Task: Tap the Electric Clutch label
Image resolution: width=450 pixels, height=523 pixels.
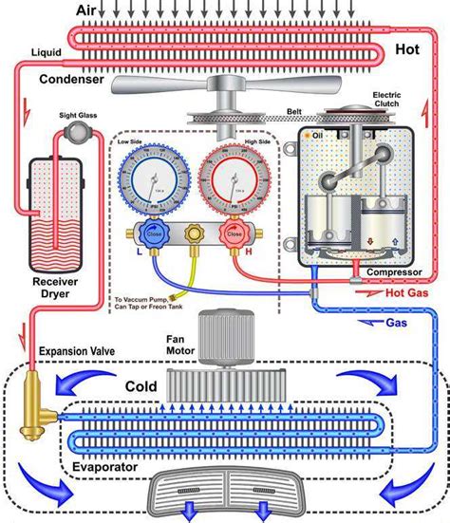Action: pos(388,100)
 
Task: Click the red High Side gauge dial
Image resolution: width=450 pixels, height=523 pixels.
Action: pos(233,180)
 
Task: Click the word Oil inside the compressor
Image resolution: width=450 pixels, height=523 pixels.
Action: pos(317,135)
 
